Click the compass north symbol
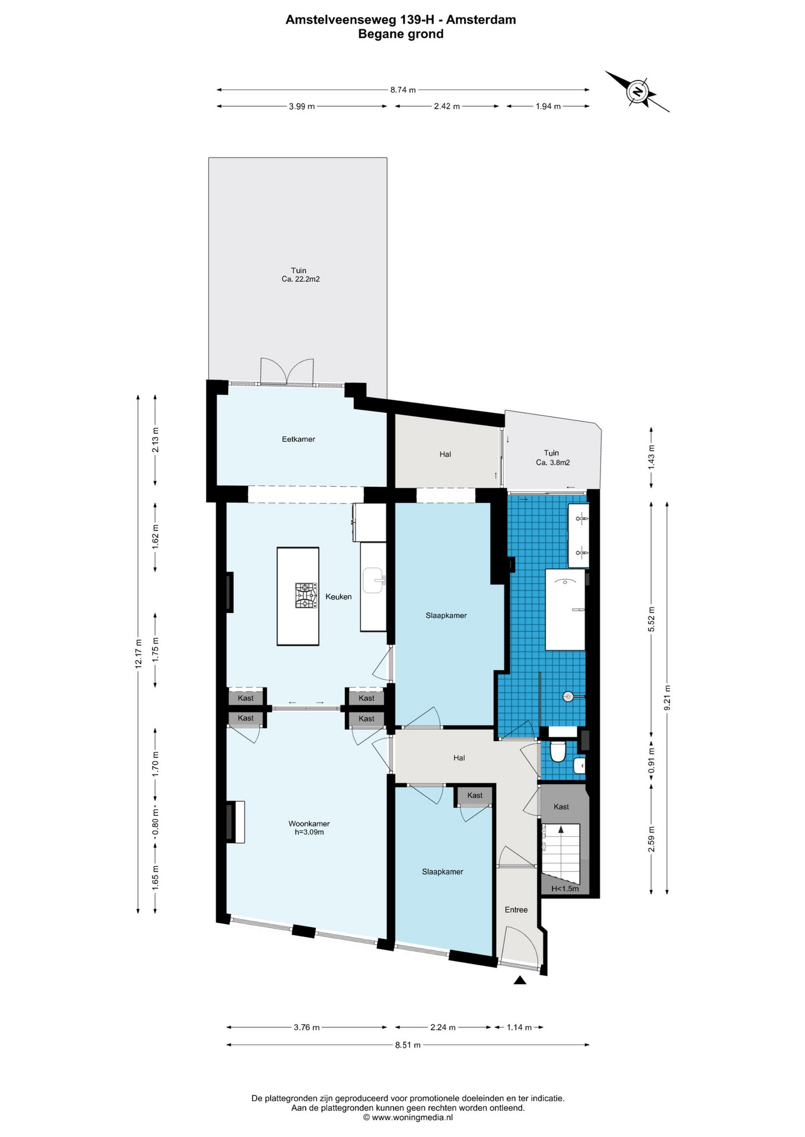(637, 92)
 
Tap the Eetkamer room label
(298, 439)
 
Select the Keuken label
(338, 596)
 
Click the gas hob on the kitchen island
(306, 596)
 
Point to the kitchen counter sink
(375, 580)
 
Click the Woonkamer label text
(309, 824)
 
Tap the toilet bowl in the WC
(557, 751)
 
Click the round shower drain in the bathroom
(567, 696)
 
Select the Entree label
(516, 910)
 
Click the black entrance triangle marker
(520, 980)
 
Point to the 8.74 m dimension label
(402, 90)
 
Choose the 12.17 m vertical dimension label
(139, 654)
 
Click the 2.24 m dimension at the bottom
(442, 1027)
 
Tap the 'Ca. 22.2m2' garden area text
(301, 279)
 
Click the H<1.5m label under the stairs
(564, 889)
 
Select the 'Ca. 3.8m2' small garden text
(552, 462)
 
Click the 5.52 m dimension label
(651, 619)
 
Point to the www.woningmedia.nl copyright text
(408, 1117)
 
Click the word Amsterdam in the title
(481, 20)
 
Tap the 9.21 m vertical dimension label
(667, 698)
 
